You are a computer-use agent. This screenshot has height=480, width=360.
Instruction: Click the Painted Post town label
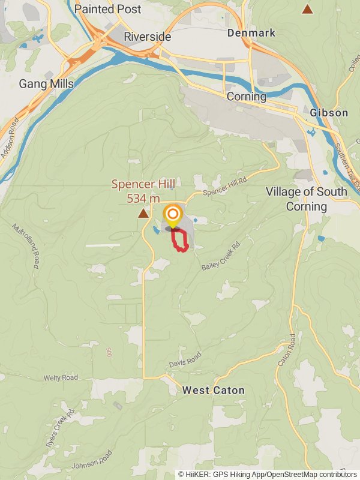tap(108, 10)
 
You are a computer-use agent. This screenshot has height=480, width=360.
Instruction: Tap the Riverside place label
tap(147, 37)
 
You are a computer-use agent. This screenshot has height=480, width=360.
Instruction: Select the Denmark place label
tap(251, 33)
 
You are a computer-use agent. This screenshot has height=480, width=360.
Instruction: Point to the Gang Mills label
tap(46, 83)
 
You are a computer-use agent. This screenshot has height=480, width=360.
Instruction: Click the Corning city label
tap(247, 97)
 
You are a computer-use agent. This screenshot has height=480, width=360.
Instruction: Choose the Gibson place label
tap(329, 113)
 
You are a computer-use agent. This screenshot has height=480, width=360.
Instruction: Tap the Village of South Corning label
tap(307, 199)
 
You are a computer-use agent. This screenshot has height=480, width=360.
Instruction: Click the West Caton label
tap(214, 391)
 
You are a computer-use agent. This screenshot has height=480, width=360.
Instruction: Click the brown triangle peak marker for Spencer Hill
tap(143, 213)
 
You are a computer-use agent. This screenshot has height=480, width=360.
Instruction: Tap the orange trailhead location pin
tap(173, 215)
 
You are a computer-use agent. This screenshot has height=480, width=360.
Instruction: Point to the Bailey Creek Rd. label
tap(221, 255)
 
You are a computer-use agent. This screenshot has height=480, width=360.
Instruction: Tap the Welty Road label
tap(61, 378)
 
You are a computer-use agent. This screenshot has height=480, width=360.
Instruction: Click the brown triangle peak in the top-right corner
tap(307, 9)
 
